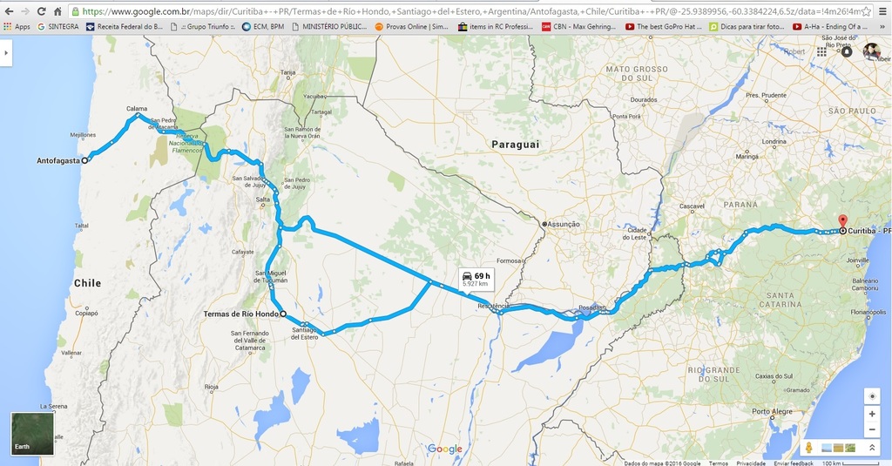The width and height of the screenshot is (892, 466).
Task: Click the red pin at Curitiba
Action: tap(841, 219)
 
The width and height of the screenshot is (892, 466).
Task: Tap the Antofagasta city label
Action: tap(57, 161)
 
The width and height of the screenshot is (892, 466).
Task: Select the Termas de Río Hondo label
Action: tap(240, 314)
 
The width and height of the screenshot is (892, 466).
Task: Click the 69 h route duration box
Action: tap(476, 279)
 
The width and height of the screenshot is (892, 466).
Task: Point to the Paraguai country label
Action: tap(516, 144)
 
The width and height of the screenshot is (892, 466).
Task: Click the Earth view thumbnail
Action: tap(32, 433)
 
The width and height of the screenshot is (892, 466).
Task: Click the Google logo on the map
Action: tap(445, 449)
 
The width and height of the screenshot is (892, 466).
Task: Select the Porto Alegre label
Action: tap(772, 411)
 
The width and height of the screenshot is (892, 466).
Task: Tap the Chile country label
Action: tap(87, 283)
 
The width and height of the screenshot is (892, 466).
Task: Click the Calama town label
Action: tap(137, 109)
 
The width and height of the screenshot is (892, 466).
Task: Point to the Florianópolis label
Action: tap(868, 311)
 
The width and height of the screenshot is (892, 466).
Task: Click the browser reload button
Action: tap(41, 11)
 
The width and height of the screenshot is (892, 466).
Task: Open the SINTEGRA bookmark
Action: tap(57, 27)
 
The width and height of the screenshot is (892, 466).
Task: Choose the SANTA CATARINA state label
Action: tap(780, 300)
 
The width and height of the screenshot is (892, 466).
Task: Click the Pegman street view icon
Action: tap(808, 448)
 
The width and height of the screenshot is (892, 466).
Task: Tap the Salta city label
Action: tap(262, 199)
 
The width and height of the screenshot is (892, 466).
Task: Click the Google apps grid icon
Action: tap(821, 52)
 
